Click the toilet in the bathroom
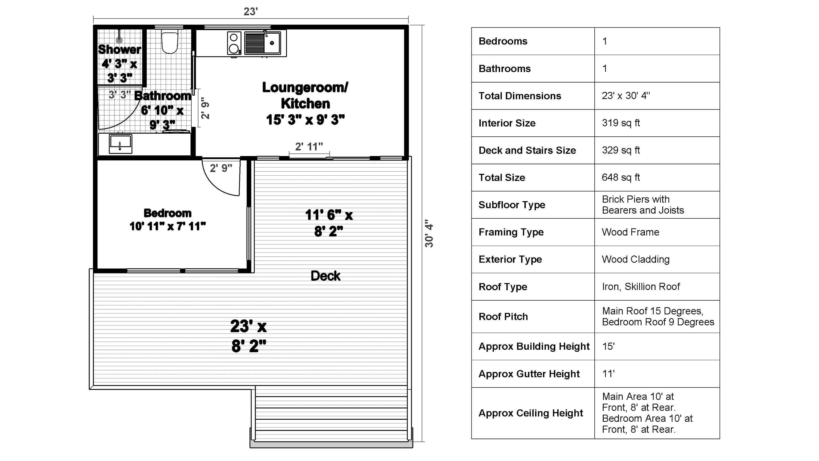coord(170,42)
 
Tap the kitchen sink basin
coord(272,43)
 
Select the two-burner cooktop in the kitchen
coord(234,43)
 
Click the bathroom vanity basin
coord(120,144)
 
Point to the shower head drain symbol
coord(119,40)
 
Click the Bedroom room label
coord(168,213)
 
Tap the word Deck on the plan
coord(325,276)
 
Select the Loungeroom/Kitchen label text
coord(305,95)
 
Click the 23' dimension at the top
coord(251,12)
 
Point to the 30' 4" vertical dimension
coord(429,234)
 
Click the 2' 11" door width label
coord(309,147)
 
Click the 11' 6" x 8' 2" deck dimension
coord(329,223)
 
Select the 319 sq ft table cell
coord(621,123)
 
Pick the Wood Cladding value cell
coord(636,259)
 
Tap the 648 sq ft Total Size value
coord(621,178)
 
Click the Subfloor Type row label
coord(512,205)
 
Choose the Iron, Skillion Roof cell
coord(641,287)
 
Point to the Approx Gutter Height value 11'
coord(608,374)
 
